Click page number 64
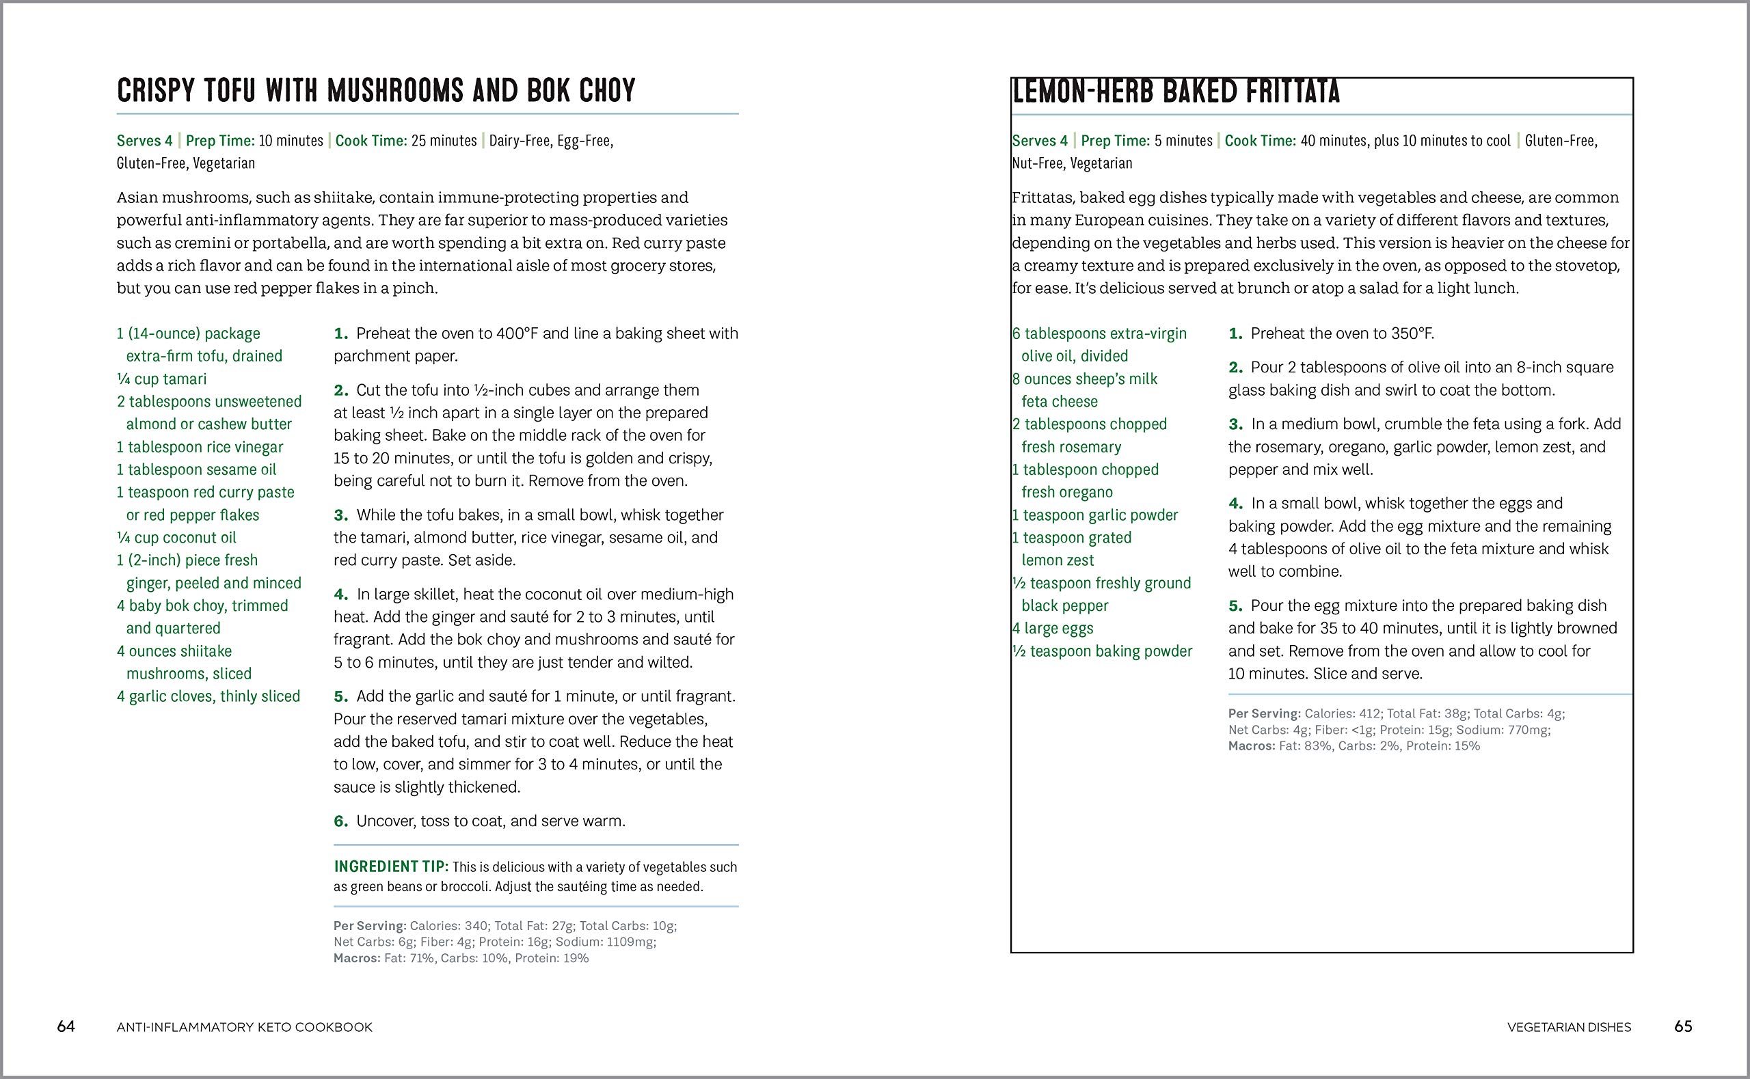point(66,1026)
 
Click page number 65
point(1683,1026)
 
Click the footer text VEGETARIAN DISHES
point(1569,1028)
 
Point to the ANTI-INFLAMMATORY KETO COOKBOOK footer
point(244,1028)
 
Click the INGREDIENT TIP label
point(390,866)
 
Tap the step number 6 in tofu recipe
point(341,821)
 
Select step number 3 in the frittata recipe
point(1235,424)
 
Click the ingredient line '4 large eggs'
point(1053,629)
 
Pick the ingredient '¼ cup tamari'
point(162,379)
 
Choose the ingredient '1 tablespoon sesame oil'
point(196,469)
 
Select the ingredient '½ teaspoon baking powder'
point(1103,651)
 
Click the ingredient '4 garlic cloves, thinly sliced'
point(208,696)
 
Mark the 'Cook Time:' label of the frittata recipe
point(1260,141)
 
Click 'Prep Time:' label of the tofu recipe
point(219,141)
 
